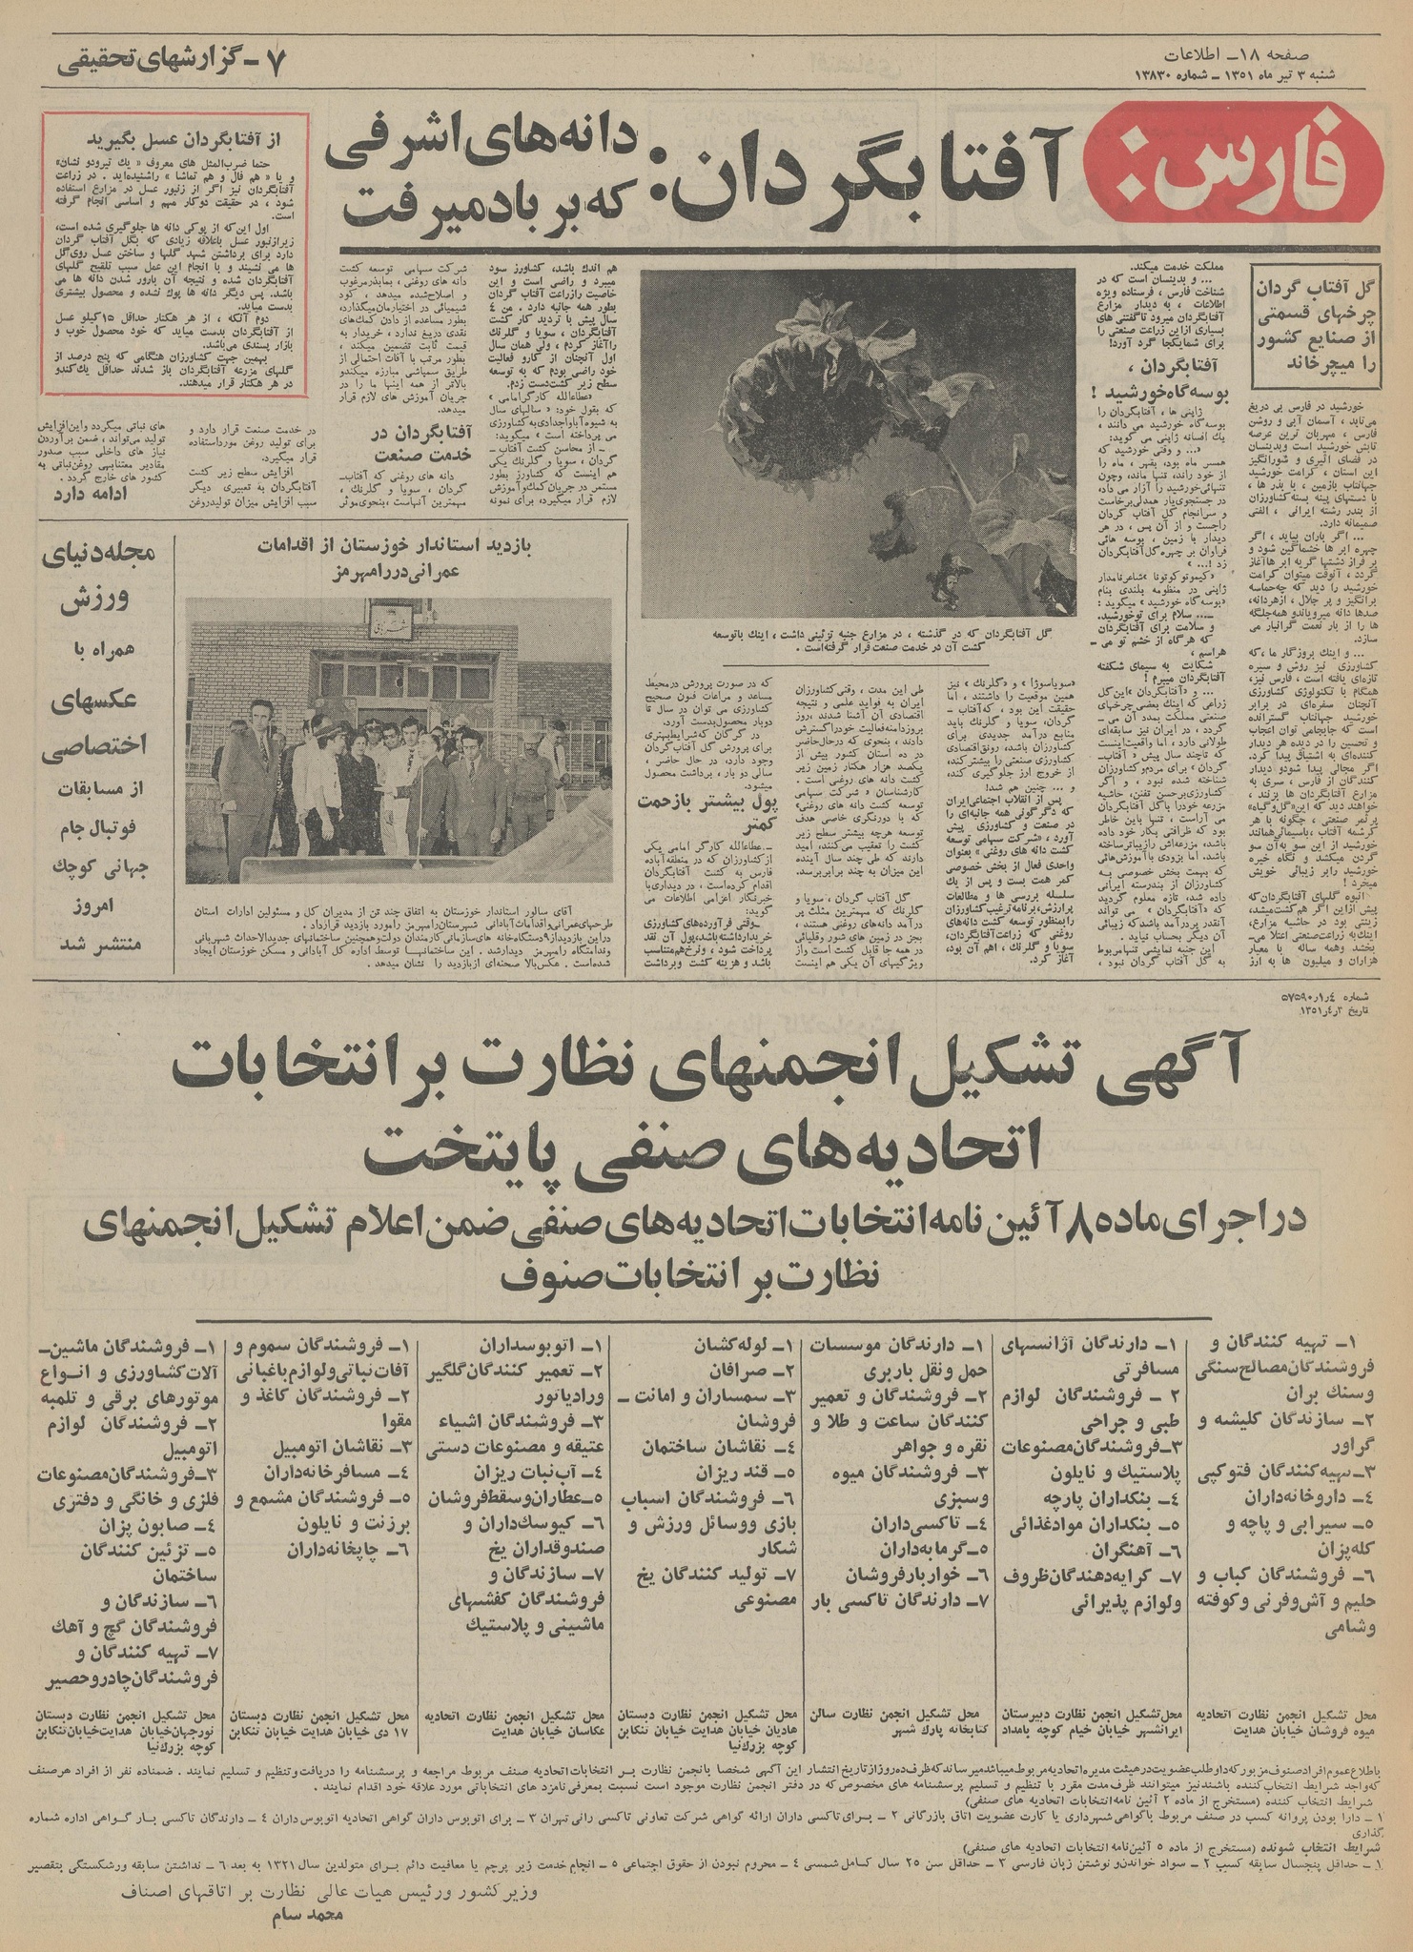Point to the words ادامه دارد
click(x=91, y=493)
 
